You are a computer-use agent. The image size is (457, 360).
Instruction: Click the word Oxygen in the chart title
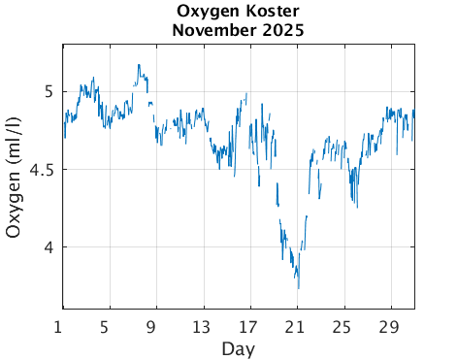tap(205, 12)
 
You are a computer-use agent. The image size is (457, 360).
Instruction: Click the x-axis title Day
tap(238, 347)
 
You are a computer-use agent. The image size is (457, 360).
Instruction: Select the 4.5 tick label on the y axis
tap(42, 169)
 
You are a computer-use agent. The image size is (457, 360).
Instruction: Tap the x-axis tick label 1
tap(60, 326)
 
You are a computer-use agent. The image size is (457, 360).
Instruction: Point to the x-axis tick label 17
tap(249, 326)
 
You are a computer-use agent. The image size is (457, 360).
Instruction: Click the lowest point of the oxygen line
tap(298, 288)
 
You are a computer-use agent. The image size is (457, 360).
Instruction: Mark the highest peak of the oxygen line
tap(139, 65)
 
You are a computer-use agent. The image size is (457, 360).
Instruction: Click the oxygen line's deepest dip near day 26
tap(357, 207)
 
